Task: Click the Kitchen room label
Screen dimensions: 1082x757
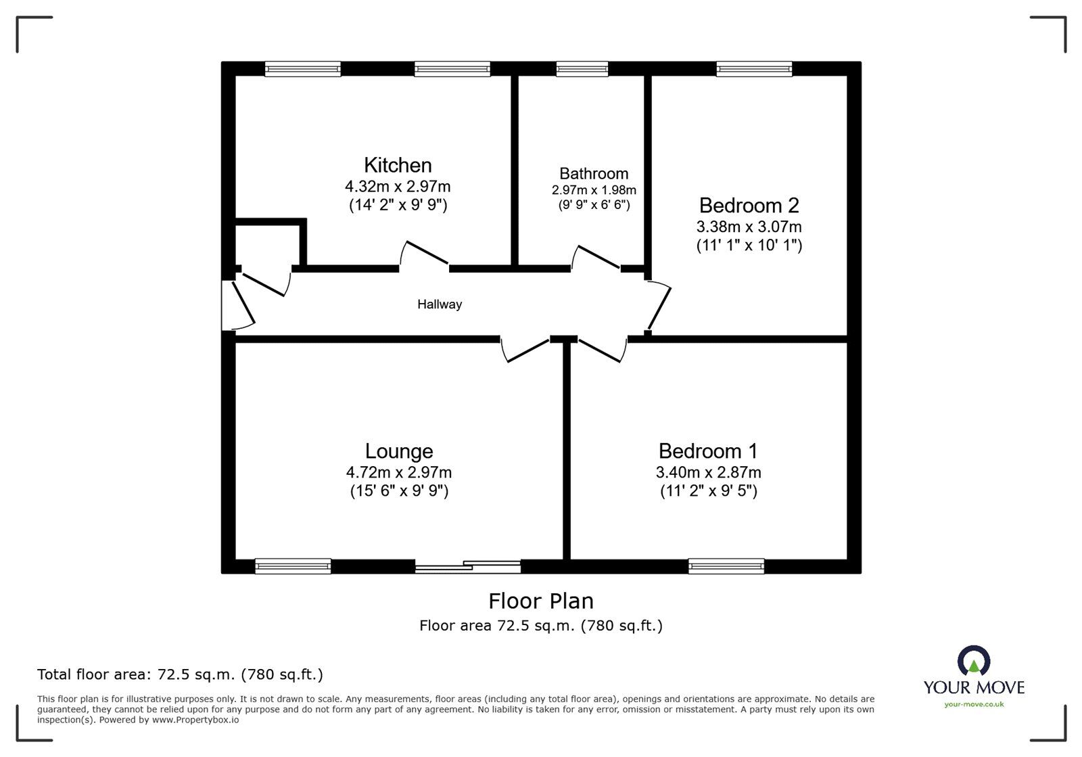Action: click(398, 165)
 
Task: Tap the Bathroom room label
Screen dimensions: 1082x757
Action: click(594, 173)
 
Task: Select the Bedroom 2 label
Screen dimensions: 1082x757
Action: click(749, 206)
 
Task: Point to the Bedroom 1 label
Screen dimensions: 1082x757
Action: click(708, 451)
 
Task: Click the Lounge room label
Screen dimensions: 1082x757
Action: click(399, 451)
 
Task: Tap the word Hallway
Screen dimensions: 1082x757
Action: click(440, 304)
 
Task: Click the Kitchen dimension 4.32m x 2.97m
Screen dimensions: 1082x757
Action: click(398, 186)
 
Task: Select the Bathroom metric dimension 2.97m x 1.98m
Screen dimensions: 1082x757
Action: click(594, 190)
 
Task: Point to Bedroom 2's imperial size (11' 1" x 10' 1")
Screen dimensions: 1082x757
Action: click(749, 246)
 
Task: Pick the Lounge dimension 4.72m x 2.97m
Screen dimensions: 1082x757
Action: click(399, 472)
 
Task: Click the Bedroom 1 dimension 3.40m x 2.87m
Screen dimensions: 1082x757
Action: click(708, 472)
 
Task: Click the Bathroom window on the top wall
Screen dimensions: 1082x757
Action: click(582, 69)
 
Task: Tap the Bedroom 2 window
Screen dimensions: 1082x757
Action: click(754, 69)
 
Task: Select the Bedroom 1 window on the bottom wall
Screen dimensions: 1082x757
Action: click(726, 566)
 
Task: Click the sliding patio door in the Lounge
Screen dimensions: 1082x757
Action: click(467, 566)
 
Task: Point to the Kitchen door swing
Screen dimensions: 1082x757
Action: click(424, 253)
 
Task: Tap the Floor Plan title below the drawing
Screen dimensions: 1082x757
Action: click(540, 601)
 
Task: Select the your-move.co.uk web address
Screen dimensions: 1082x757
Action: click(974, 704)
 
